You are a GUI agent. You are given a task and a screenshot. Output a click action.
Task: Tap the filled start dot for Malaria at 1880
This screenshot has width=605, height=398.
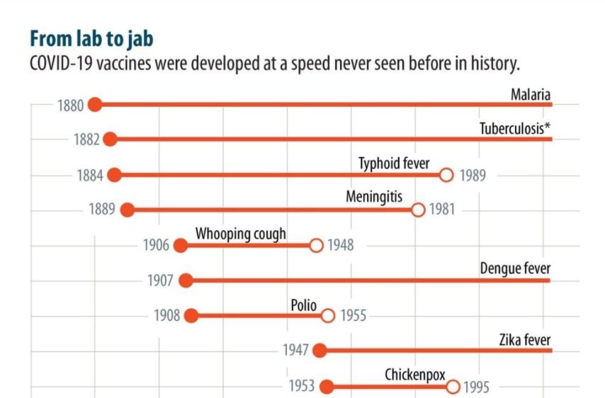click(96, 105)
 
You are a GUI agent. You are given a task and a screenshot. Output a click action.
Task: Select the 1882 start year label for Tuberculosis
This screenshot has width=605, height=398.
click(86, 140)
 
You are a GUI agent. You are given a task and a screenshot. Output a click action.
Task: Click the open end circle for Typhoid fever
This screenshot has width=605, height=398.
click(446, 175)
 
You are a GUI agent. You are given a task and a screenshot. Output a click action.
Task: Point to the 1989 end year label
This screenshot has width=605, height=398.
click(473, 176)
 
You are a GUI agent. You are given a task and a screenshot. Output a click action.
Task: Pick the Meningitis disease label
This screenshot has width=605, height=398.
click(374, 197)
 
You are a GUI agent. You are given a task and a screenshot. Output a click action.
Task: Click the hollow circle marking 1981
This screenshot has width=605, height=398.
click(418, 210)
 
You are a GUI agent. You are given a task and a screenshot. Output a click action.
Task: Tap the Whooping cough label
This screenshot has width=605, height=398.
click(241, 234)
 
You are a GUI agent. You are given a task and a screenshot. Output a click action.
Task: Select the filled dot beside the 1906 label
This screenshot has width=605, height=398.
click(181, 246)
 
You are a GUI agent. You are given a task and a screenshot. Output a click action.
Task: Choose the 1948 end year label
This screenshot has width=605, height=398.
click(340, 246)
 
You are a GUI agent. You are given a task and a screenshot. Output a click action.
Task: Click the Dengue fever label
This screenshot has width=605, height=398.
click(515, 268)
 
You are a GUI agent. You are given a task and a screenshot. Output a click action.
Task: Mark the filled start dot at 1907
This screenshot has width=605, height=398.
click(186, 280)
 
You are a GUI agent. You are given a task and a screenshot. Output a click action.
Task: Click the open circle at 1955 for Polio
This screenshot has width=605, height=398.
click(327, 316)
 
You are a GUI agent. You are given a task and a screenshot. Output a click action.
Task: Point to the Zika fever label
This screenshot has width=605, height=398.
click(525, 339)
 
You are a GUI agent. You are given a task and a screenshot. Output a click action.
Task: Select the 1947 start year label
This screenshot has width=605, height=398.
click(295, 351)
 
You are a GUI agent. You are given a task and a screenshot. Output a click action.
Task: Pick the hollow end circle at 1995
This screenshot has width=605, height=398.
click(453, 387)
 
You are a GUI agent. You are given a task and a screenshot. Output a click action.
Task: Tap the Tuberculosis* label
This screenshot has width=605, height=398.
click(515, 128)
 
